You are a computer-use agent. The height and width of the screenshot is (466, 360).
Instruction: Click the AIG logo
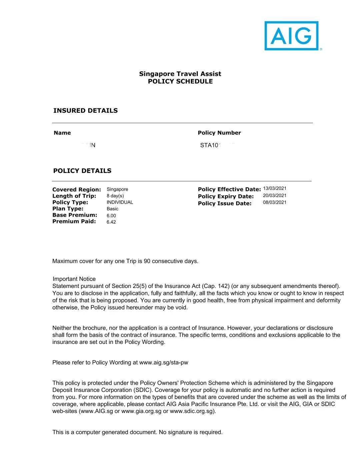point(292,36)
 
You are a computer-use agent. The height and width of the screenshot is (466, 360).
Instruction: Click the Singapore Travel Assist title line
point(180,74)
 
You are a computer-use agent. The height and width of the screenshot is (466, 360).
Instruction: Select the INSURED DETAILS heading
point(85,111)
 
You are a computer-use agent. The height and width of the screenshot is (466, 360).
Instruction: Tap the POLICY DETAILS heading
point(82,171)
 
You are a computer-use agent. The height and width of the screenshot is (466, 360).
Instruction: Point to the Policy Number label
point(219,133)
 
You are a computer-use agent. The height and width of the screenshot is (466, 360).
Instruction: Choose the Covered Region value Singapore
point(117,189)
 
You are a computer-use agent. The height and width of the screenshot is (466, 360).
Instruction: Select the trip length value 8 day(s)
point(115,196)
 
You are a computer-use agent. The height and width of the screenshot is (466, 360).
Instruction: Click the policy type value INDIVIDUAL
point(120,202)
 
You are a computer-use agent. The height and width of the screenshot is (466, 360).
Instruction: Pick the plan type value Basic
point(112,209)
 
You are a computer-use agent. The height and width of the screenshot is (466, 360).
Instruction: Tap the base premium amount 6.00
point(111,216)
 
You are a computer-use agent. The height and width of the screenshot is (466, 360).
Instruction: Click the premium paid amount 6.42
point(111,222)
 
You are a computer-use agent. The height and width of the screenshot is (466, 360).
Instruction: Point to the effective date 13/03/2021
point(275,188)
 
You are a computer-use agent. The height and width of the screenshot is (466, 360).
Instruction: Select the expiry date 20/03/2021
point(275,196)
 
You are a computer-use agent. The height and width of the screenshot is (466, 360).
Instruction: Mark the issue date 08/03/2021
point(275,202)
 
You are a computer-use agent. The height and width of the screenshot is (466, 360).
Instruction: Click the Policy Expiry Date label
point(226,196)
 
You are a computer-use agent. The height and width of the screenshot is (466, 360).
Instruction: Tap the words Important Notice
point(74,279)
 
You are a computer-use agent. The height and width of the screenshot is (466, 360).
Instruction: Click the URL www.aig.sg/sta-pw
point(164,362)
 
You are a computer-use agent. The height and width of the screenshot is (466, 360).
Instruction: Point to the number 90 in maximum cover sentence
point(147,261)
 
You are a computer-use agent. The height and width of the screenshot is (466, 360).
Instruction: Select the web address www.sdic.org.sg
point(191,411)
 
